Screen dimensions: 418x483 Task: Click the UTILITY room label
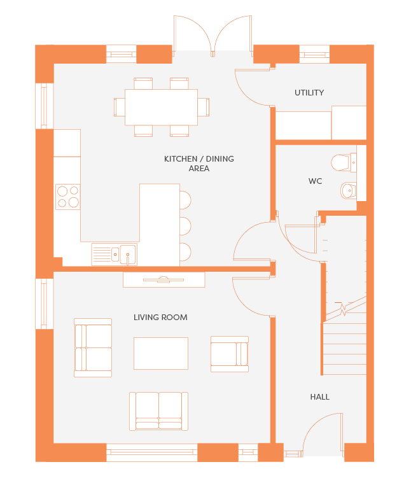point(309,93)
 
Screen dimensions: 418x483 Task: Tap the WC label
point(315,181)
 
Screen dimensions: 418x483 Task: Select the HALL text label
point(320,397)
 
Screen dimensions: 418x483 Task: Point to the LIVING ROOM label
point(160,318)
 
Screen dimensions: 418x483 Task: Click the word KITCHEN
point(181,159)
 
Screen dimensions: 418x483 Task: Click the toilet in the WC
point(344,162)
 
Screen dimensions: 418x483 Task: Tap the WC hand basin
point(349,190)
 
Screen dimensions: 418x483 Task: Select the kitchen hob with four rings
point(68,197)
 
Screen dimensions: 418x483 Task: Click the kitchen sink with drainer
point(115,255)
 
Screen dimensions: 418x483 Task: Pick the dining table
point(161,107)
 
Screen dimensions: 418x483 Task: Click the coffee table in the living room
point(161,353)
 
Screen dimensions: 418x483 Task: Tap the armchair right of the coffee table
point(230,354)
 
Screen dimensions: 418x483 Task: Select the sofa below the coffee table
point(158,411)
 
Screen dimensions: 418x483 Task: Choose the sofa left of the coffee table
point(93,347)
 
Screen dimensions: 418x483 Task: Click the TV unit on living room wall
point(164,280)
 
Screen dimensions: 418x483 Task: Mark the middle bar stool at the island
point(185,226)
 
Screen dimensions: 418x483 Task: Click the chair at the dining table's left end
point(119,107)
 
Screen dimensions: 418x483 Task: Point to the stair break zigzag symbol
point(342,309)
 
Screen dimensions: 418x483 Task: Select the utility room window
point(314,55)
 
